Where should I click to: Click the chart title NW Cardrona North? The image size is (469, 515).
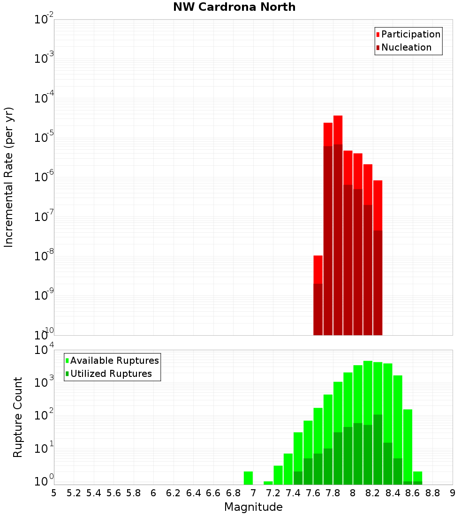point(234,7)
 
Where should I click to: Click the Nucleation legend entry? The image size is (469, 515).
point(406,47)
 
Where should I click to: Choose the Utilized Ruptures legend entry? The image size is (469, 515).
point(111,374)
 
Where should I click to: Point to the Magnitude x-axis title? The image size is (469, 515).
point(253,507)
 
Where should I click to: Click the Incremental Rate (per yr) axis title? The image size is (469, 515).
point(9,177)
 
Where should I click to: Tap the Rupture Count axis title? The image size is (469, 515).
point(18,417)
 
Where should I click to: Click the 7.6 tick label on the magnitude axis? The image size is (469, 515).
point(313,493)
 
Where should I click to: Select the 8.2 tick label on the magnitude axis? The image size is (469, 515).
point(373,493)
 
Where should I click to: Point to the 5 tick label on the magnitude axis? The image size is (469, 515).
point(54,493)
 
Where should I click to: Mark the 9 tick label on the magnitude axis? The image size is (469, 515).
point(453,493)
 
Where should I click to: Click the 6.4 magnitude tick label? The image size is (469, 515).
point(193,493)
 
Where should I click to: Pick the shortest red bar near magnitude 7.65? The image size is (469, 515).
point(318,269)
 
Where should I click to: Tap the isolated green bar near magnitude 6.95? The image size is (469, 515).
point(248,478)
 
